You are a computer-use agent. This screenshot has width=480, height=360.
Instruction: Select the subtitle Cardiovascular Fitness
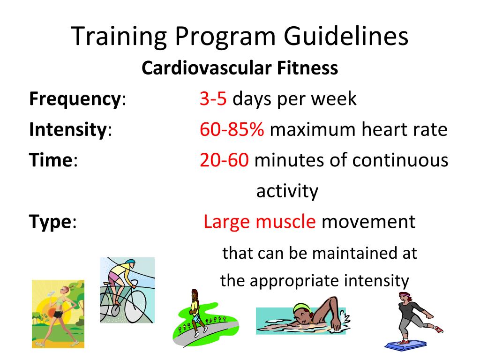(x=240, y=68)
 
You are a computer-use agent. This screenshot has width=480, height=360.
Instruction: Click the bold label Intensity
(x=67, y=130)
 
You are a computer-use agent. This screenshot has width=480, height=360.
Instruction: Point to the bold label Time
(x=51, y=161)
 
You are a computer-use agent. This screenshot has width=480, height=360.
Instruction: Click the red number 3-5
(x=213, y=99)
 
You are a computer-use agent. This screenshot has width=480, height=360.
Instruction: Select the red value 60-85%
(x=232, y=130)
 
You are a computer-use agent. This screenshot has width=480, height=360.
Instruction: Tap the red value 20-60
(x=224, y=161)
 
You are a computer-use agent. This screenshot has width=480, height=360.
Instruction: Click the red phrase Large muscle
(x=260, y=222)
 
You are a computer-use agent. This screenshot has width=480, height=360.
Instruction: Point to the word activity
(x=287, y=191)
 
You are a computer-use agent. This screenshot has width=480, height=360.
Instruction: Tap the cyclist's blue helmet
(x=129, y=263)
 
